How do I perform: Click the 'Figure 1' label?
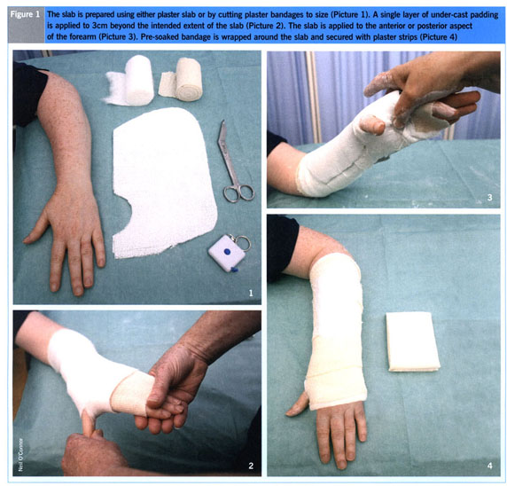[25, 14]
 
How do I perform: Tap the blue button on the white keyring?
[227, 251]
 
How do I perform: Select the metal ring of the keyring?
[243, 243]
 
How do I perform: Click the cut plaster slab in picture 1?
[163, 183]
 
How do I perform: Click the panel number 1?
[251, 294]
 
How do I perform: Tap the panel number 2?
[251, 466]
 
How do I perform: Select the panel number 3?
[490, 198]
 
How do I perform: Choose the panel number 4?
[490, 466]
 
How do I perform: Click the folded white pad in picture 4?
[413, 341]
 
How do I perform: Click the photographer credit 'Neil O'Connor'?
[20, 455]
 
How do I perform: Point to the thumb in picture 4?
[297, 404]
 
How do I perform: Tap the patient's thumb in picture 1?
[36, 228]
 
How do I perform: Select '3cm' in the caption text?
[97, 26]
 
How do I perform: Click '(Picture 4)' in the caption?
[438, 37]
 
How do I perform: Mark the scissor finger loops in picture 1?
[239, 192]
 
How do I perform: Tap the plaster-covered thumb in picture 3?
[372, 124]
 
